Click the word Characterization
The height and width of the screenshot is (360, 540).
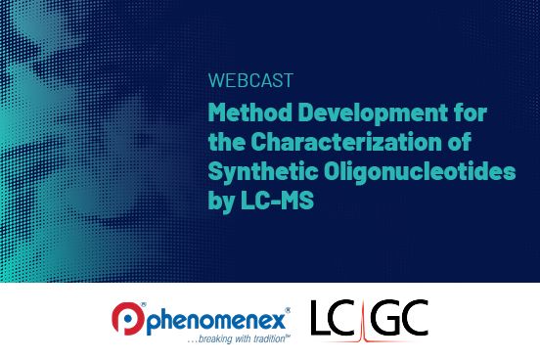click(357, 143)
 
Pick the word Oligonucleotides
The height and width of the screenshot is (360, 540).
click(404, 172)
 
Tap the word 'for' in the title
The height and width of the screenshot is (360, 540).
click(467, 113)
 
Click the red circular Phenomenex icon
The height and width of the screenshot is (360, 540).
click(126, 318)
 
